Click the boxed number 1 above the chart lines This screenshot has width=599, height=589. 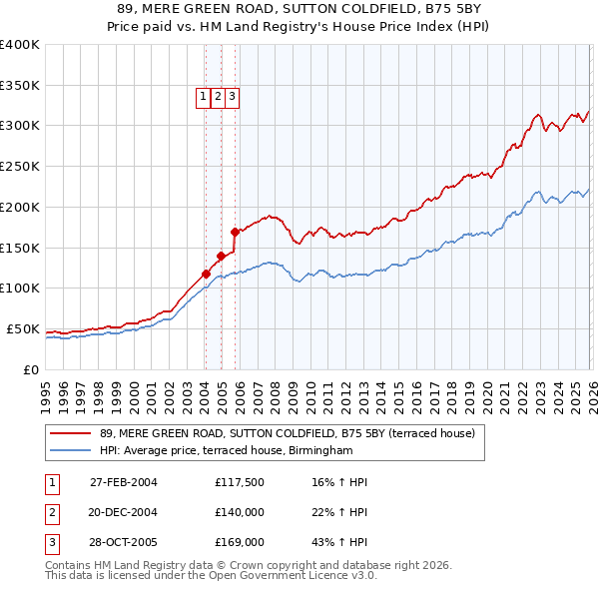[x=203, y=97]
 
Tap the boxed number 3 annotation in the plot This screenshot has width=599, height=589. [x=232, y=97]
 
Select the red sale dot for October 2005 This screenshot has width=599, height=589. [x=236, y=231]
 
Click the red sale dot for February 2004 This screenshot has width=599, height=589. [x=206, y=273]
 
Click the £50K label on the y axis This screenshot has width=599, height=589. [x=23, y=328]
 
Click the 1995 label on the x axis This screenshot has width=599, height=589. [x=45, y=388]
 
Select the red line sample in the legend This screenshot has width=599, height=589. [x=71, y=433]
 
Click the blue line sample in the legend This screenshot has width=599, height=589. [x=71, y=450]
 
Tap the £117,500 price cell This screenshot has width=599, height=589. [x=239, y=482]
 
